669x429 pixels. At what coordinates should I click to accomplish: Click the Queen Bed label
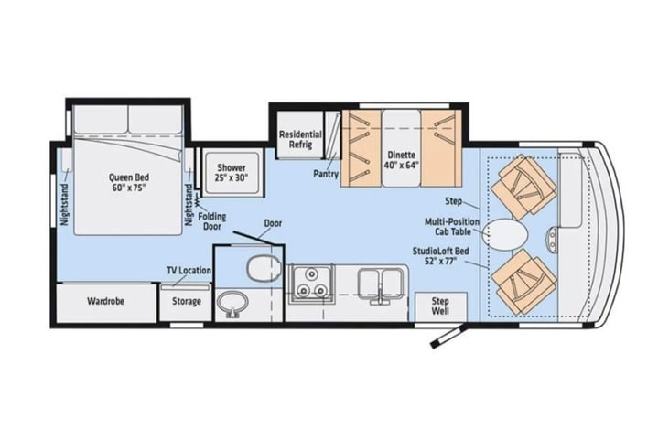tap(128, 183)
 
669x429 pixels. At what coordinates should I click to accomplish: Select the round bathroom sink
tap(232, 304)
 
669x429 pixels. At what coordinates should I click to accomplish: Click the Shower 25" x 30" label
tap(232, 173)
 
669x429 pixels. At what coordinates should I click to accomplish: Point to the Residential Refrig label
tap(300, 139)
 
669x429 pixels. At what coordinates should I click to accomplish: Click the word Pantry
tap(326, 174)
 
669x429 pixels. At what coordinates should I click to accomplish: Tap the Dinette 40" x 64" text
tap(401, 160)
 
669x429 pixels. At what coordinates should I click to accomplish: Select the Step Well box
tap(441, 306)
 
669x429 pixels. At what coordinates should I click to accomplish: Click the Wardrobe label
tap(106, 301)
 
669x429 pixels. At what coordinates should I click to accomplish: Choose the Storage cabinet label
tap(187, 302)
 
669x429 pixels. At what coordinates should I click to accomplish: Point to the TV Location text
tap(189, 271)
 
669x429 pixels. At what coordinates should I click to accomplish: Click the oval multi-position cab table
tap(506, 234)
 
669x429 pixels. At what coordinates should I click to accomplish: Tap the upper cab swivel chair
tap(523, 185)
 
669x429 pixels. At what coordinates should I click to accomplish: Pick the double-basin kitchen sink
tap(381, 284)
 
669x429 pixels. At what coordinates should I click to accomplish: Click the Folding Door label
tap(212, 221)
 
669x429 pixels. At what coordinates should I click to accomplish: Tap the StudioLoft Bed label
tap(441, 256)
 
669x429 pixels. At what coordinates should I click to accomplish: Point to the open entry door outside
tap(448, 337)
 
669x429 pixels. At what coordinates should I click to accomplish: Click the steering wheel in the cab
tap(552, 241)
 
